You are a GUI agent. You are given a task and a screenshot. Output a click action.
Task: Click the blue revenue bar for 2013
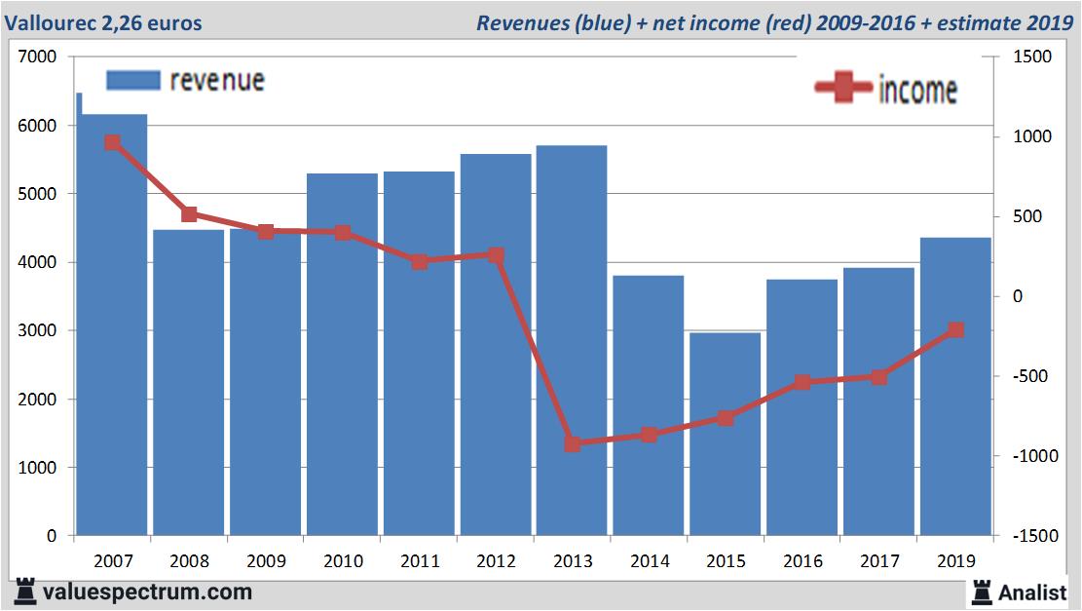click(572, 341)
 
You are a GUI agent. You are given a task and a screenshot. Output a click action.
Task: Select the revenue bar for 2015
click(726, 434)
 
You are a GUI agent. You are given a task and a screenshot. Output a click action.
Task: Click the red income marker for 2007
click(112, 142)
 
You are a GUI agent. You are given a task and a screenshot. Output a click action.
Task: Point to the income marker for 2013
click(573, 444)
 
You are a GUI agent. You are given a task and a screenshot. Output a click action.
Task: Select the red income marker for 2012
click(496, 255)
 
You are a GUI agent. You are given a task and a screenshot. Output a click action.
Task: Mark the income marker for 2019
click(956, 330)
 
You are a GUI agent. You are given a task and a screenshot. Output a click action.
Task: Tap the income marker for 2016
click(802, 382)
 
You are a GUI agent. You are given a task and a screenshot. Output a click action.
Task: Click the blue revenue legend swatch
click(132, 80)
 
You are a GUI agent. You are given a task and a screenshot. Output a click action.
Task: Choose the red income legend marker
click(842, 89)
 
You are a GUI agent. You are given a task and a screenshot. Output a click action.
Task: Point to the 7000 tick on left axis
click(39, 57)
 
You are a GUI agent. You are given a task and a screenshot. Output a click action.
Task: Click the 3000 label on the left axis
click(39, 331)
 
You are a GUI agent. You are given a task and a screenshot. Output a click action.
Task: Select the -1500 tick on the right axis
click(1033, 536)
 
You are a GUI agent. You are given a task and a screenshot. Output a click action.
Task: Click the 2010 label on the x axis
click(343, 562)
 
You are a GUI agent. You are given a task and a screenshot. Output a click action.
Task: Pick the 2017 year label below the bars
click(879, 562)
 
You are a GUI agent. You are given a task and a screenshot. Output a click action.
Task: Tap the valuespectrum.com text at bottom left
click(147, 592)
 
